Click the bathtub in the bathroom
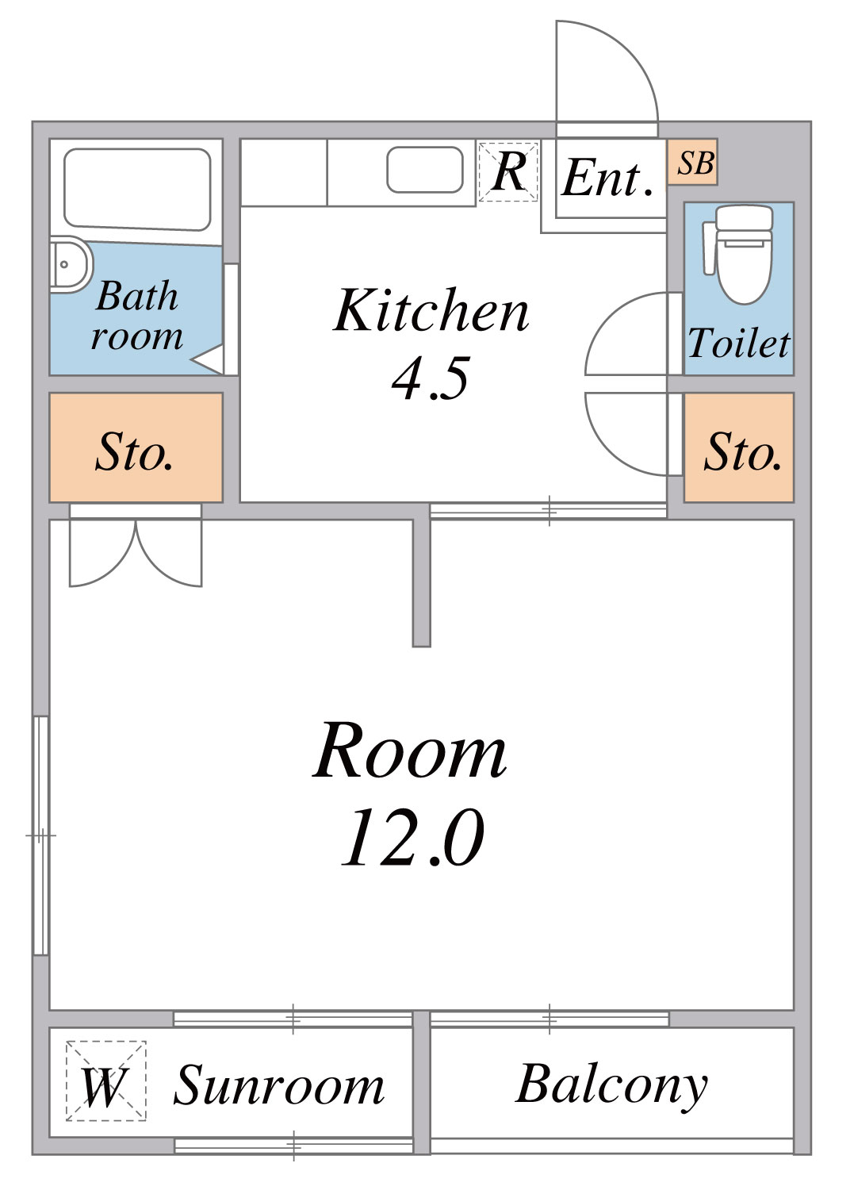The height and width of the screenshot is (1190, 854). click(137, 190)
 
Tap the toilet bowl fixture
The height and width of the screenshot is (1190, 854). click(738, 255)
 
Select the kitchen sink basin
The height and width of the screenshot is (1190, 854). click(425, 170)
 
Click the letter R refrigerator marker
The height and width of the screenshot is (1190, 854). click(508, 171)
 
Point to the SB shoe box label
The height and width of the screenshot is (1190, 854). click(695, 163)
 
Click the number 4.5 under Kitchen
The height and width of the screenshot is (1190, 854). click(431, 378)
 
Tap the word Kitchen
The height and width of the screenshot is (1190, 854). click(431, 310)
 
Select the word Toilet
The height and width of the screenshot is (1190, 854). click(739, 343)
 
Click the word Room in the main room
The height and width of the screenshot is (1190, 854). click(409, 750)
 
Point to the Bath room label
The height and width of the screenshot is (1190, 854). click(137, 316)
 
